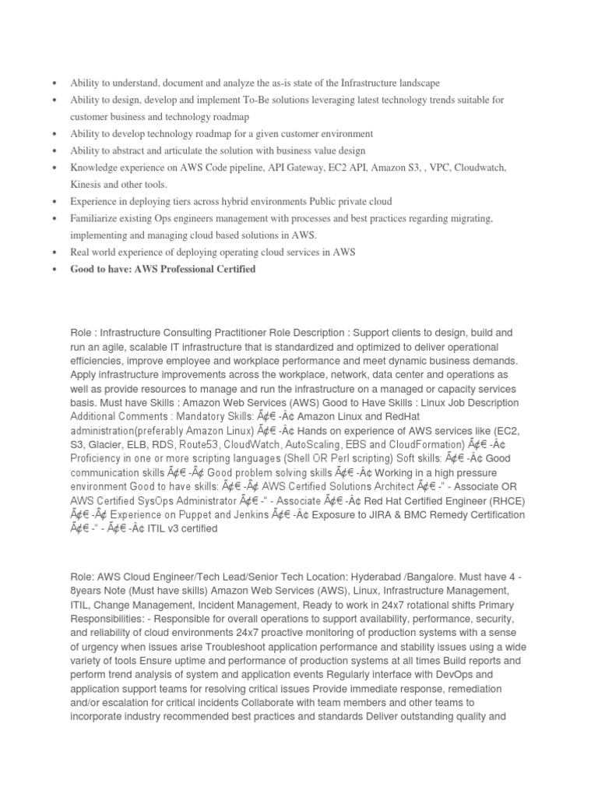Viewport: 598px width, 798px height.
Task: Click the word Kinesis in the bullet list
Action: (x=87, y=185)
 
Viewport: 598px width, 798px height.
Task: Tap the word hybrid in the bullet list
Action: (x=238, y=201)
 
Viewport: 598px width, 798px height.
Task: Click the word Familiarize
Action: (x=96, y=218)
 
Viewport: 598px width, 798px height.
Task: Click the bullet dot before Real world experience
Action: (x=54, y=252)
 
